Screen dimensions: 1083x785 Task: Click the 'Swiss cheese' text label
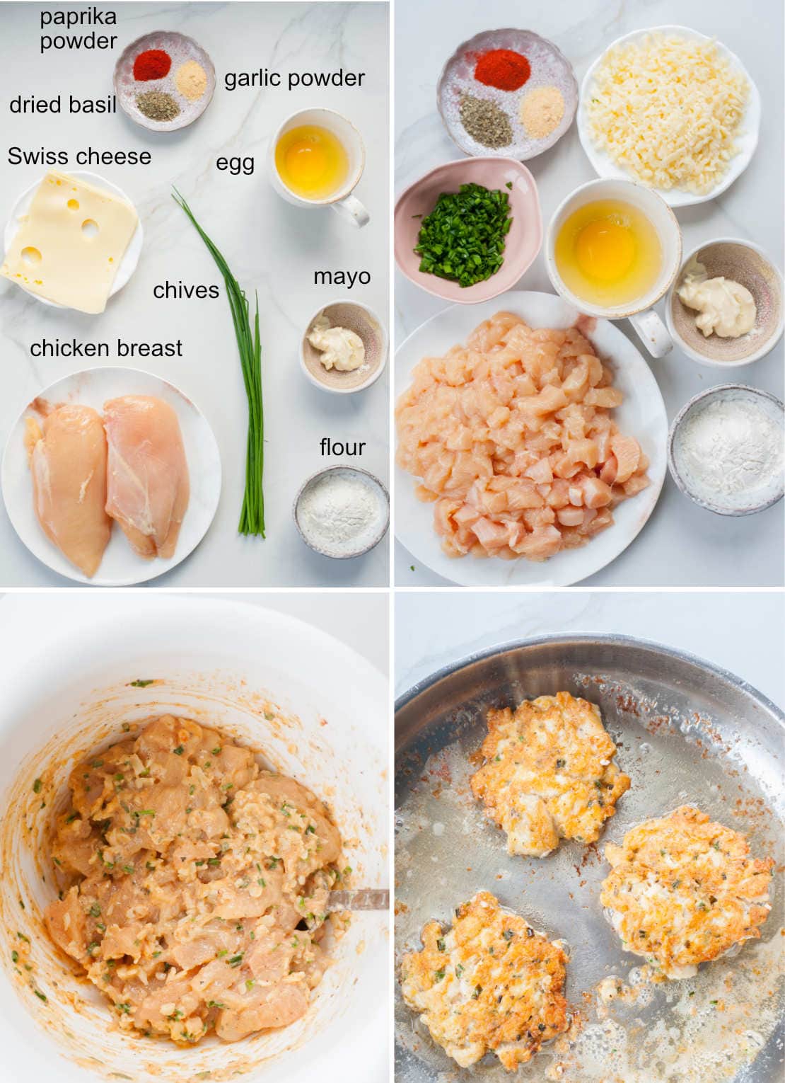[x=79, y=156]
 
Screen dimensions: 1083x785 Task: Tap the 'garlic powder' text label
[x=294, y=78]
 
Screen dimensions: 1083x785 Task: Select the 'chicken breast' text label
[x=106, y=348]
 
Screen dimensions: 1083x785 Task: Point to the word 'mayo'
[x=342, y=276]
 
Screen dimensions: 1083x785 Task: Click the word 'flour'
[x=342, y=447]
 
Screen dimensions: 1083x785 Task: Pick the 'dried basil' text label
[x=62, y=105]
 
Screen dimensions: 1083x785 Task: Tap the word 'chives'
[x=186, y=290]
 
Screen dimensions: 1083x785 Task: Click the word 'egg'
[x=235, y=164]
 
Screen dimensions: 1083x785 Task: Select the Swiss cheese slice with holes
[x=71, y=241]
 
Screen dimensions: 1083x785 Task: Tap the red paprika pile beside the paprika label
[x=152, y=66]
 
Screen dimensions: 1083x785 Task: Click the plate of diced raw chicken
[x=523, y=439]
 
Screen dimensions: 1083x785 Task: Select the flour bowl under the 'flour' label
[x=340, y=512]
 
